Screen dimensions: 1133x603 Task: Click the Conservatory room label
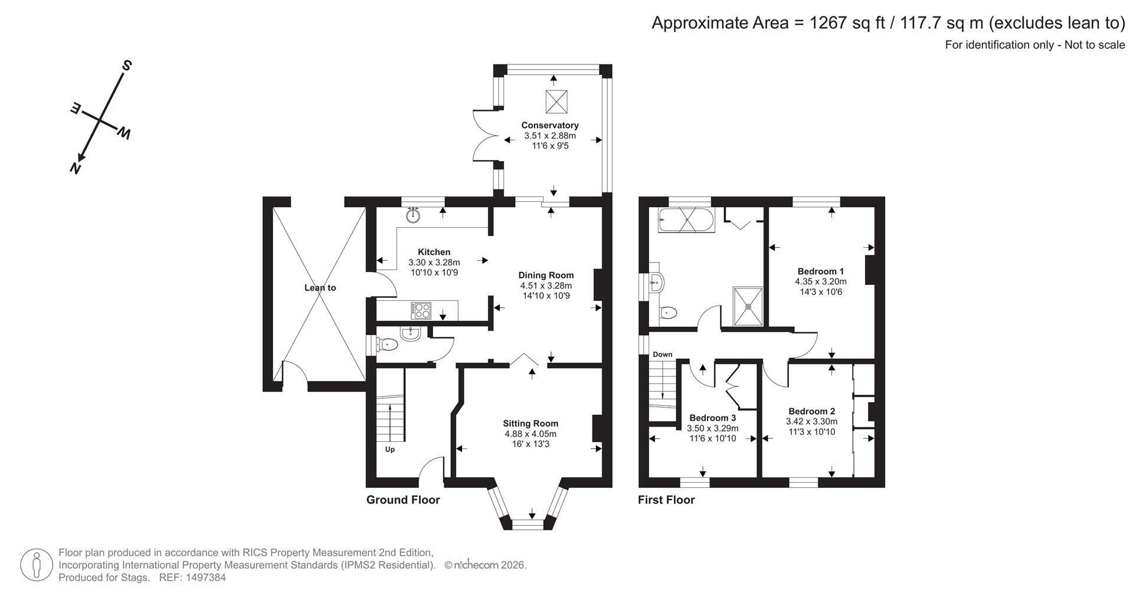(x=549, y=125)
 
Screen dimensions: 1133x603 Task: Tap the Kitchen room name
(x=434, y=252)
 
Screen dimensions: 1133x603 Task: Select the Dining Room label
(x=546, y=275)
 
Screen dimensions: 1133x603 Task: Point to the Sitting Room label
(x=531, y=423)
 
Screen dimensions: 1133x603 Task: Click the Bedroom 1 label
(x=820, y=271)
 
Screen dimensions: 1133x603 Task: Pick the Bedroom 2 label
(x=811, y=411)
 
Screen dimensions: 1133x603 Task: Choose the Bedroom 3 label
(x=712, y=418)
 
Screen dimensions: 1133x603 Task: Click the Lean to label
(x=320, y=288)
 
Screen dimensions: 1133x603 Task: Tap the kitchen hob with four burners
(x=421, y=310)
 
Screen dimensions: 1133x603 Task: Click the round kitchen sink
(x=413, y=215)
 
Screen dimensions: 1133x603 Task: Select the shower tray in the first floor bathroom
(x=748, y=306)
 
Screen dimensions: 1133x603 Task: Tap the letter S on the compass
(x=126, y=65)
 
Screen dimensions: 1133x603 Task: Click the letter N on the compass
(x=75, y=168)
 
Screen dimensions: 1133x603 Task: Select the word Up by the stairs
(x=390, y=450)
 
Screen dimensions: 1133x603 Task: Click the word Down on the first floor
(x=662, y=355)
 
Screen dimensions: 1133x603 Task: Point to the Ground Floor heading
(x=403, y=500)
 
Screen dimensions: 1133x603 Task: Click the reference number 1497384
(x=207, y=578)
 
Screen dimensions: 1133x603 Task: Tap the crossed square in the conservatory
(x=556, y=101)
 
